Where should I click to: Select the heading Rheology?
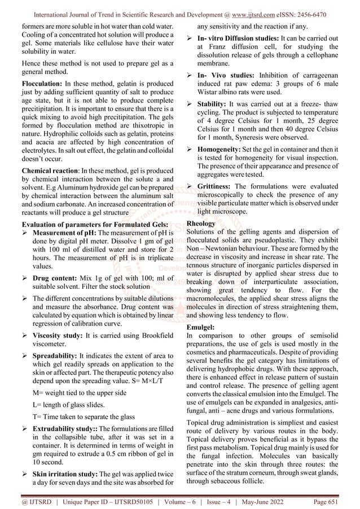[x=201, y=223]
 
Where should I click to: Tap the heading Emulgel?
[x=200, y=327]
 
